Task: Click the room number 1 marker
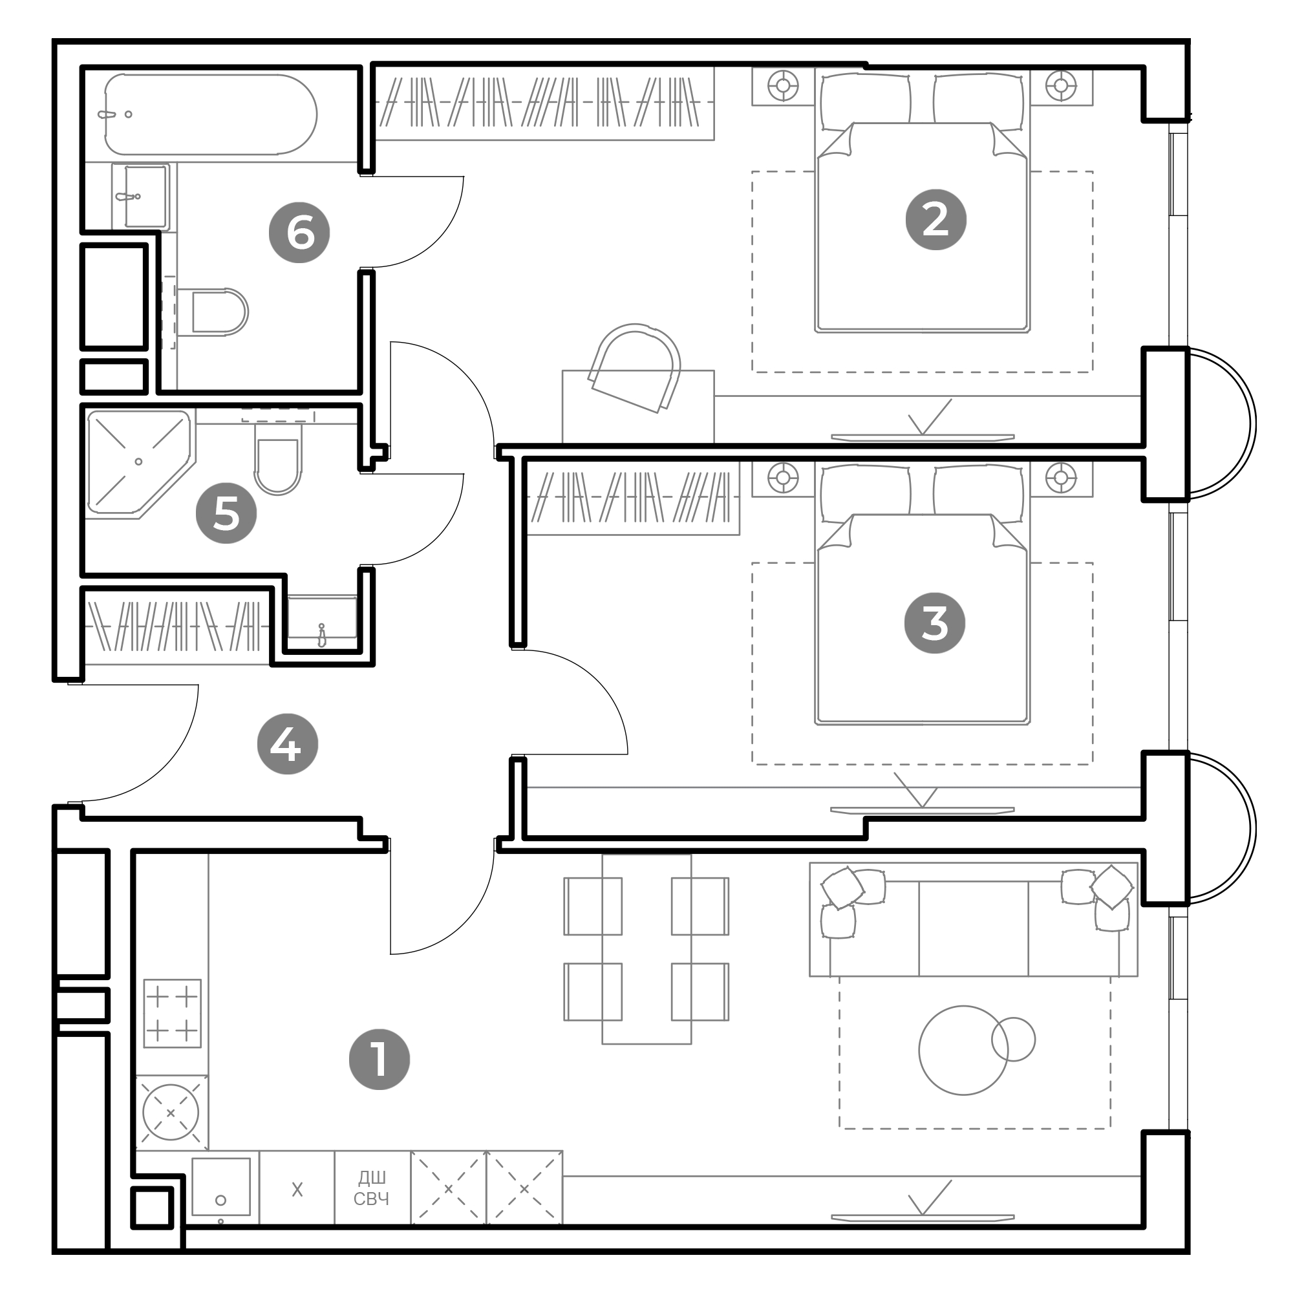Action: tap(379, 1060)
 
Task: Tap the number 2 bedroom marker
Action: tap(935, 220)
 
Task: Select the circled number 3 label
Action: tap(934, 623)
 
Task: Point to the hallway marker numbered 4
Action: tap(288, 743)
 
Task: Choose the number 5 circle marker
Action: tap(226, 513)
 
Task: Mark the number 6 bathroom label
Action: tap(299, 232)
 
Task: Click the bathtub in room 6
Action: tap(211, 114)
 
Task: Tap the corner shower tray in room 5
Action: tap(140, 464)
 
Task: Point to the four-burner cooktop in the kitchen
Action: tap(172, 1013)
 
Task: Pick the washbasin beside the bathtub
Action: tap(140, 197)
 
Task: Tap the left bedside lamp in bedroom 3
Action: tap(783, 478)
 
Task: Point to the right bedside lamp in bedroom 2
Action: tap(1061, 86)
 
